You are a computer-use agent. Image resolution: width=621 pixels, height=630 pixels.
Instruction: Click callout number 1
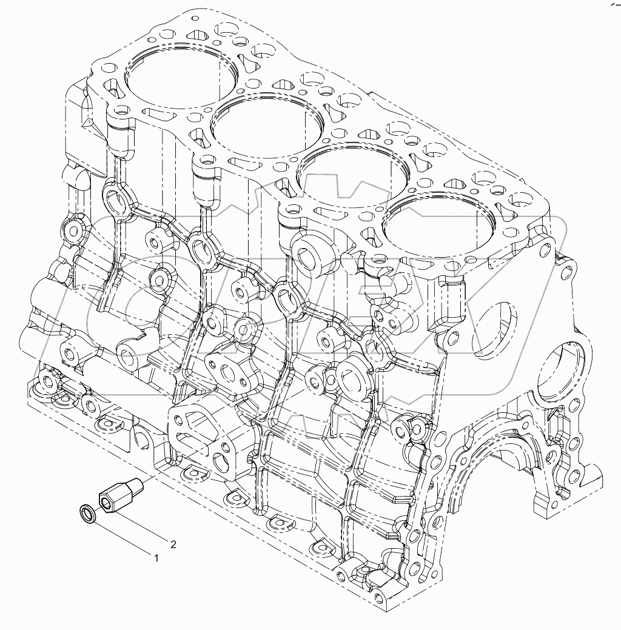pyautogui.click(x=156, y=558)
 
